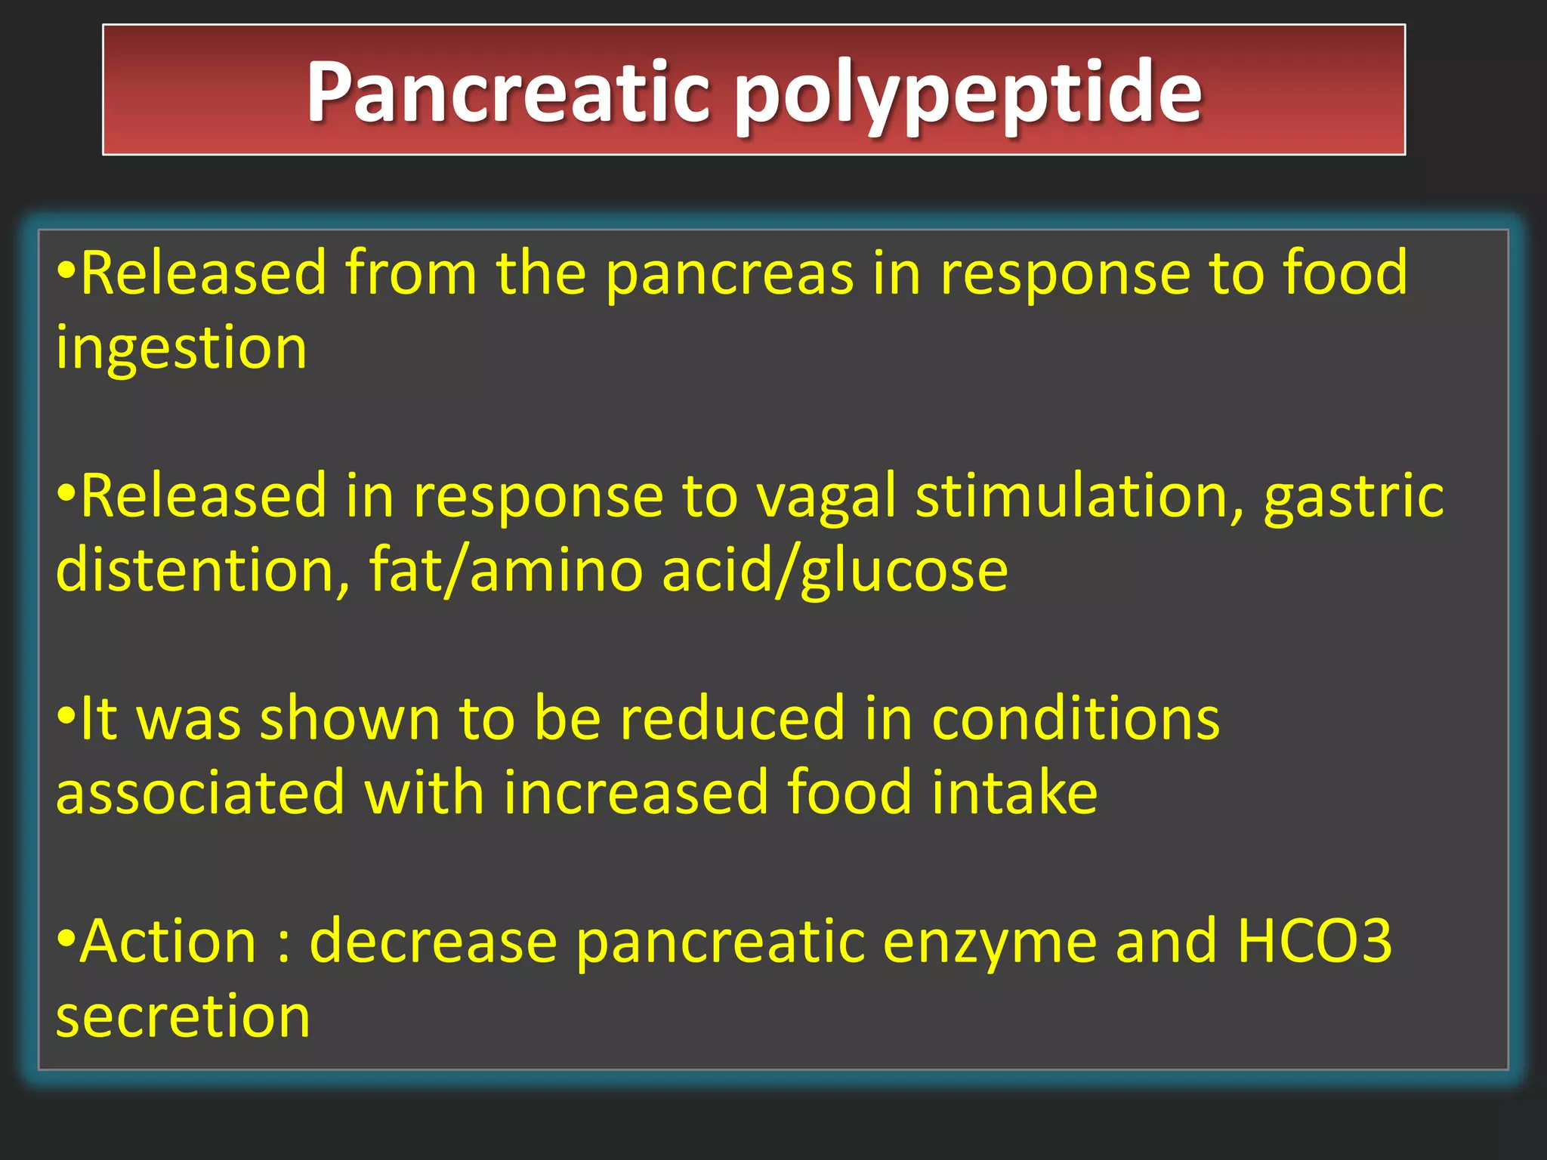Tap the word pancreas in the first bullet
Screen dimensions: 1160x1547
[730, 273]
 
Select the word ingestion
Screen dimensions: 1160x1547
[181, 349]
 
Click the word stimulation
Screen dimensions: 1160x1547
[1079, 496]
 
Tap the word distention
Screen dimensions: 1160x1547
[202, 569]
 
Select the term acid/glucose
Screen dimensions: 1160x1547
[835, 571]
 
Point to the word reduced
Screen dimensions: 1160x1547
[732, 718]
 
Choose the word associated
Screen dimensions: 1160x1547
[200, 792]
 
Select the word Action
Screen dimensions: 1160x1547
[168, 941]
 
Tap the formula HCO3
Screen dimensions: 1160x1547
[1314, 941]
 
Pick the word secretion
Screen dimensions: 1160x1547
[183, 1016]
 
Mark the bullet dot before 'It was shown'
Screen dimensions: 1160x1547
[66, 715]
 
